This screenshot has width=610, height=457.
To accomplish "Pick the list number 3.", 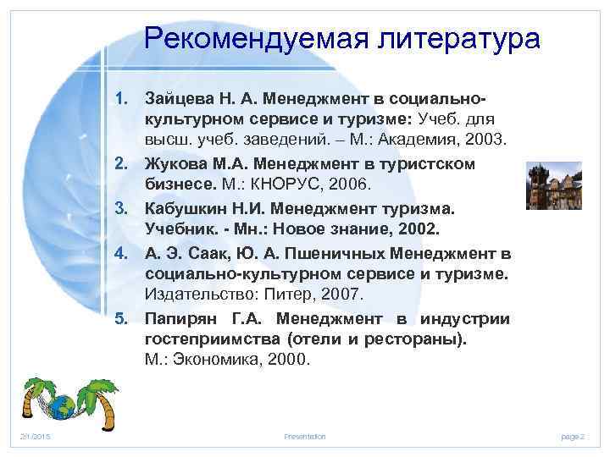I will pos(122,207).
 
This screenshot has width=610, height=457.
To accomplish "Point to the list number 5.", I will pos(122,319).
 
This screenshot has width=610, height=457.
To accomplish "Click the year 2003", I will pos(486,140).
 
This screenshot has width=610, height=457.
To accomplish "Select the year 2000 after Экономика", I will pos(286,360).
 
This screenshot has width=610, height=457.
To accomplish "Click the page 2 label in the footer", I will pos(573,436).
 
